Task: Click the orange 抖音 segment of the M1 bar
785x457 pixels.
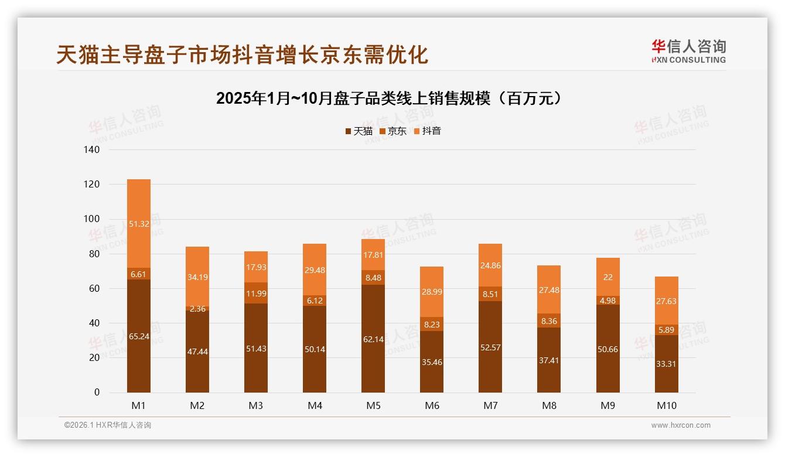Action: tap(138, 223)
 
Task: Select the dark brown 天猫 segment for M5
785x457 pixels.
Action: tap(373, 339)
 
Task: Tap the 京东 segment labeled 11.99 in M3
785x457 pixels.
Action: tap(256, 293)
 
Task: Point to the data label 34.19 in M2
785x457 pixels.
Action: tap(197, 277)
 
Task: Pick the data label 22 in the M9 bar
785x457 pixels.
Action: tap(607, 277)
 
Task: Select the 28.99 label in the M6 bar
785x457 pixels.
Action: tap(432, 292)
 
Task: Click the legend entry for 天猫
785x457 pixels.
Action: tap(359, 131)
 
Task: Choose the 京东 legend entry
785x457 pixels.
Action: tap(393, 131)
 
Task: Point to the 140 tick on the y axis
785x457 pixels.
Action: tap(92, 150)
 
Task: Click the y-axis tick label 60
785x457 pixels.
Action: tap(94, 289)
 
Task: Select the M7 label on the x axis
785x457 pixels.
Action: tap(490, 405)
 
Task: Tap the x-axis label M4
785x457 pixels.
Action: tap(315, 405)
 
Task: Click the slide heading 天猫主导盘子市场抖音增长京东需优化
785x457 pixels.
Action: tap(242, 54)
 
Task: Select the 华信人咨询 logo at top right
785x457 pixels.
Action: tap(688, 51)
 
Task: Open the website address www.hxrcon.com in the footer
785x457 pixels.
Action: tap(681, 425)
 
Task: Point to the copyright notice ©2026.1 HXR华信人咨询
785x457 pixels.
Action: tap(107, 425)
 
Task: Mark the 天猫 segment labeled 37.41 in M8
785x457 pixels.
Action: tap(549, 360)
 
